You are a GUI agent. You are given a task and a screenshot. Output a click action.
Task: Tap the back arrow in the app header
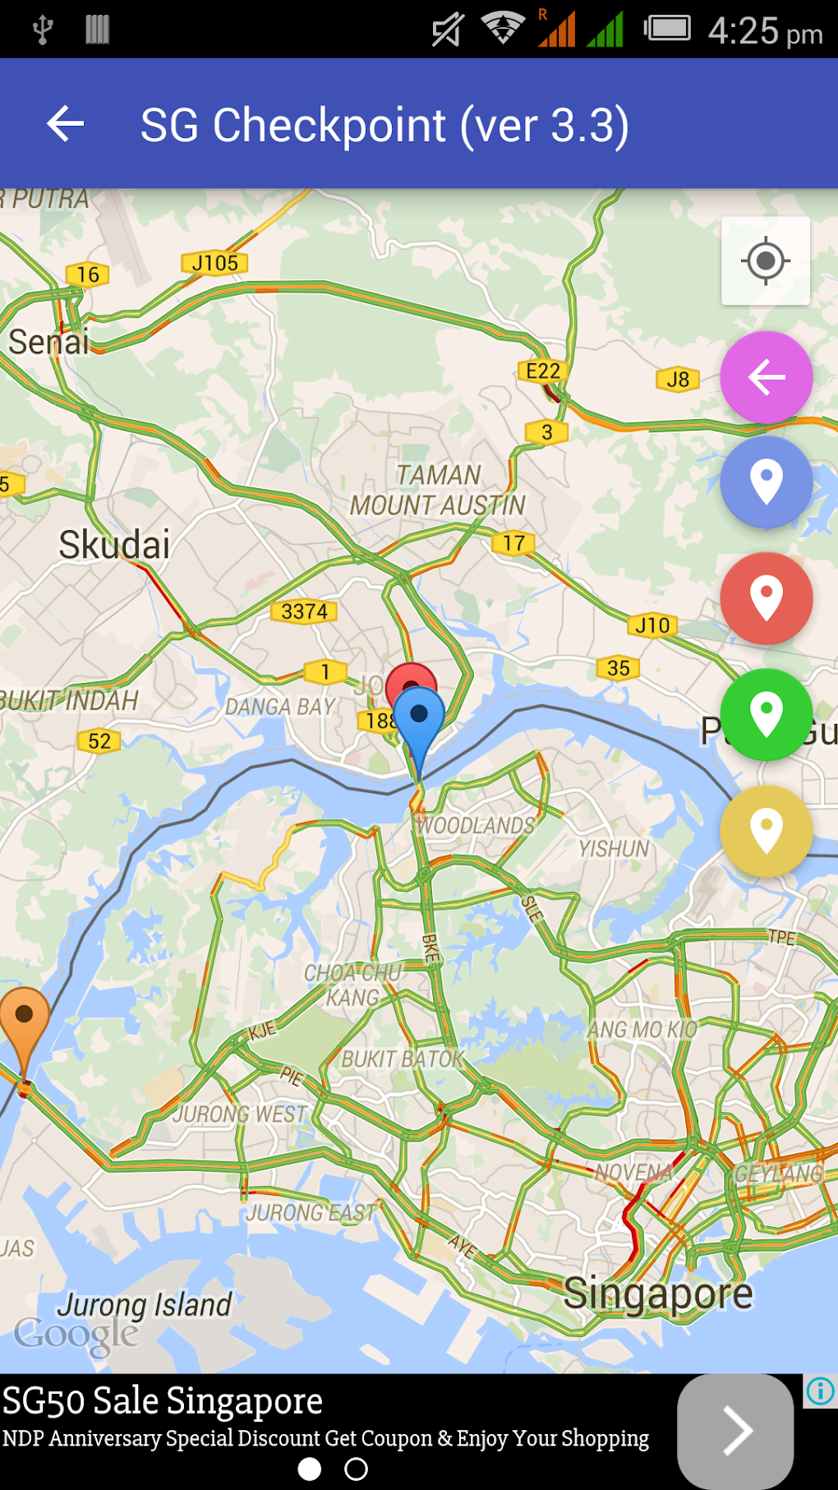click(x=66, y=124)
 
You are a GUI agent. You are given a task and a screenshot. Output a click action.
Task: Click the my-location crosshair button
click(x=765, y=261)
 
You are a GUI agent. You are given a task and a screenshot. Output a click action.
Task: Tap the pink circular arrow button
click(x=766, y=377)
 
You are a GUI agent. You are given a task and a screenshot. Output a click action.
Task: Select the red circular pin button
click(x=766, y=597)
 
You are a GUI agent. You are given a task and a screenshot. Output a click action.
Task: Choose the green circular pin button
click(x=766, y=713)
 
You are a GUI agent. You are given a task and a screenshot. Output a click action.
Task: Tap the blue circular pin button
click(x=766, y=482)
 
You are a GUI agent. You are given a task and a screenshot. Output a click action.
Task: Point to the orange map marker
click(x=24, y=1023)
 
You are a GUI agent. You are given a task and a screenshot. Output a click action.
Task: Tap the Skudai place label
click(x=114, y=545)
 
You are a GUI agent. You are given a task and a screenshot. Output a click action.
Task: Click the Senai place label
click(x=48, y=342)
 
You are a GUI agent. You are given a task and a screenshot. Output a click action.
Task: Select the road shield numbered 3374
click(x=304, y=611)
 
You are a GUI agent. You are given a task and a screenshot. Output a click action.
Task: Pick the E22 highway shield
click(x=542, y=371)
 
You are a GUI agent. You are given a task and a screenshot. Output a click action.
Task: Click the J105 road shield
click(x=214, y=263)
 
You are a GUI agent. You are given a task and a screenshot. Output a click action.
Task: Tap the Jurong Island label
click(x=145, y=1304)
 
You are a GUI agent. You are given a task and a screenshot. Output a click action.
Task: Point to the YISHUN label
click(x=613, y=849)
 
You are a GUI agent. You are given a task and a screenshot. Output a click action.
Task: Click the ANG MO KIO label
click(x=642, y=1029)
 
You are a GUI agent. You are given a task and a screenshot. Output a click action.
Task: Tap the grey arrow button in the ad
click(x=735, y=1431)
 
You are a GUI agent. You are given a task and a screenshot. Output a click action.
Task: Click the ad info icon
click(x=820, y=1391)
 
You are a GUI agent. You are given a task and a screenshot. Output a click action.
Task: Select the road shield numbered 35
click(x=618, y=668)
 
